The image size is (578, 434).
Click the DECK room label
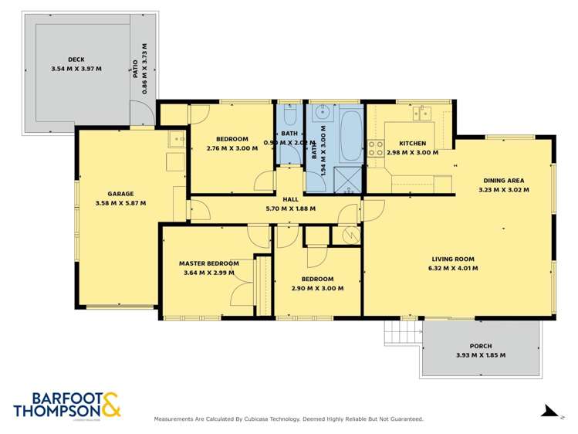point(75,59)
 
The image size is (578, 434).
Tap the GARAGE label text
point(120,194)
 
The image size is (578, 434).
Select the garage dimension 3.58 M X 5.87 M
point(120,203)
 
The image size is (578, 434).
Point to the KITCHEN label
point(413,144)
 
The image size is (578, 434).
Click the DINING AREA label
point(504,180)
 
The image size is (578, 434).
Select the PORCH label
point(481,346)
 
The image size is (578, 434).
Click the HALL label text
point(290,199)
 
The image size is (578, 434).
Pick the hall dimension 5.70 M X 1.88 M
point(290,209)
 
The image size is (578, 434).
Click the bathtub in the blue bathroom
point(351,136)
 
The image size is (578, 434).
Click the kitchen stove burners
point(376,147)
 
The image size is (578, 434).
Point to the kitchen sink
point(422,114)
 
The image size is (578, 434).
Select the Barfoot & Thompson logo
point(67,405)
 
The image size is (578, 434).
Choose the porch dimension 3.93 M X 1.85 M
point(481,355)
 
